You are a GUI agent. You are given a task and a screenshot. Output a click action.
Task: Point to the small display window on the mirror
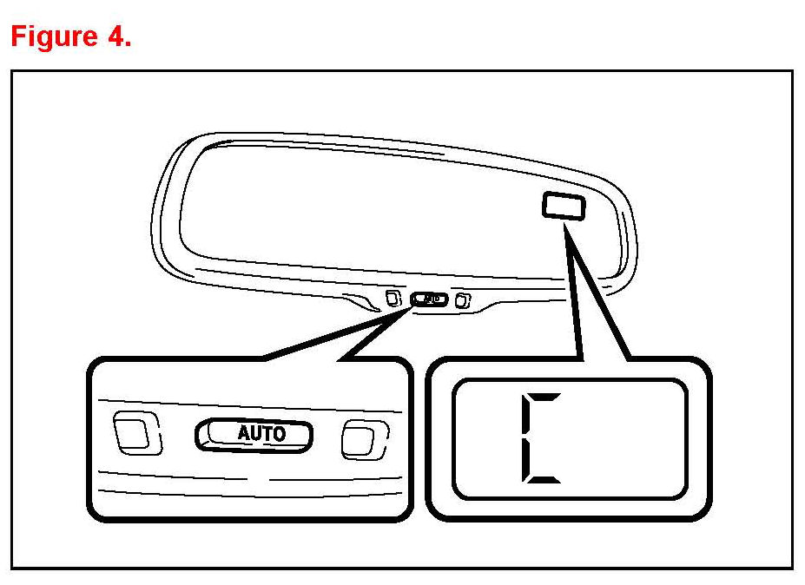563,206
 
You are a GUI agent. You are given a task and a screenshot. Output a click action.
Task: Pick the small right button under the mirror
463,301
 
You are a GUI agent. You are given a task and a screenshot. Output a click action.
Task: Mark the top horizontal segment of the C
544,395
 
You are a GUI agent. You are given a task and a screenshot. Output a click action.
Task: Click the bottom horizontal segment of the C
544,480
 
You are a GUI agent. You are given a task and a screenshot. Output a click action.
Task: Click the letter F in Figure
17,36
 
